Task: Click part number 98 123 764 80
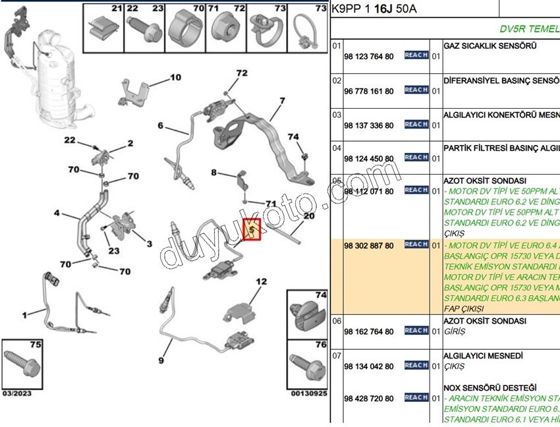click(x=368, y=57)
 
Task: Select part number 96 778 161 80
click(x=368, y=92)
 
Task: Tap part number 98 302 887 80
click(x=368, y=246)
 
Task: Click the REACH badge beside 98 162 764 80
click(x=416, y=331)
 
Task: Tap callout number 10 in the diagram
click(x=175, y=78)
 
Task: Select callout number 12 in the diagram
click(x=262, y=282)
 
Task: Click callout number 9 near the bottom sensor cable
click(x=160, y=360)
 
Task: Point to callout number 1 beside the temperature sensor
click(x=24, y=316)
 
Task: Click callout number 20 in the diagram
click(x=309, y=216)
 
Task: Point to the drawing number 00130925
click(x=309, y=393)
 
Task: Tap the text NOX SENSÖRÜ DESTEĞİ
click(x=490, y=387)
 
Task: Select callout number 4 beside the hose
click(x=57, y=213)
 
